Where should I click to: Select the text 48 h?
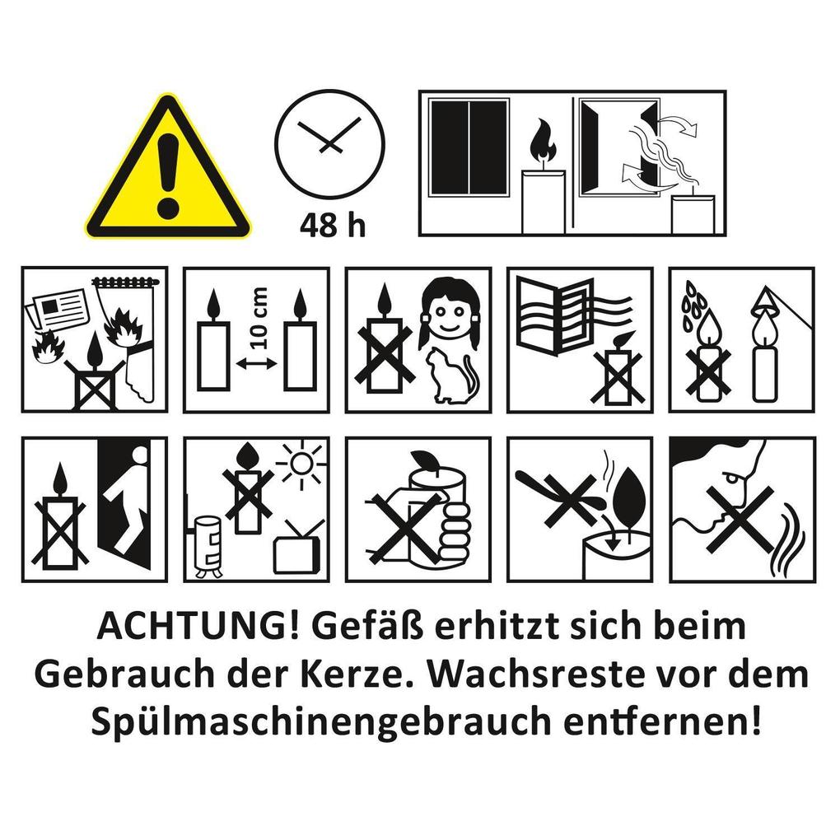pyautogui.click(x=331, y=224)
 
